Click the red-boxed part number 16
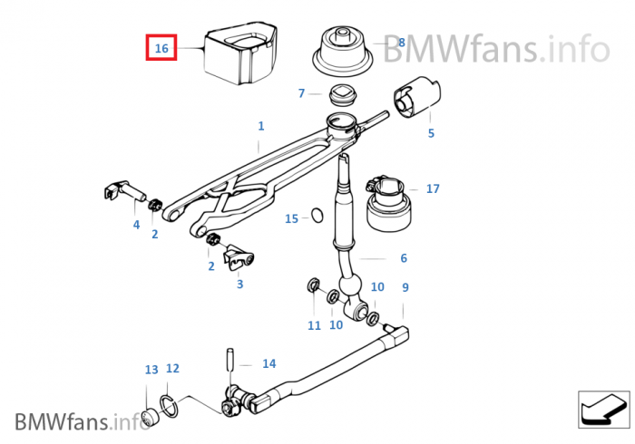tap(161, 47)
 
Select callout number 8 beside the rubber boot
tap(401, 42)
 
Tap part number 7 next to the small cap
tap(301, 92)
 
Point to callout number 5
tap(431, 133)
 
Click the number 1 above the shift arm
tap(260, 126)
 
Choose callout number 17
tap(433, 188)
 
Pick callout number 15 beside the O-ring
tap(291, 218)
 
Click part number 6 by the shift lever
tap(404, 258)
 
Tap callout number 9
tap(405, 287)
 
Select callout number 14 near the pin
tap(269, 363)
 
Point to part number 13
tap(151, 370)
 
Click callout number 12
tap(172, 369)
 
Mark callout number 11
tap(314, 324)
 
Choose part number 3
tap(239, 284)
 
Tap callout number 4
tap(137, 224)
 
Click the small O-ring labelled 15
tap(317, 216)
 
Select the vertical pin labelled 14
tap(231, 359)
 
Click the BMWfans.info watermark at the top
tap(494, 47)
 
